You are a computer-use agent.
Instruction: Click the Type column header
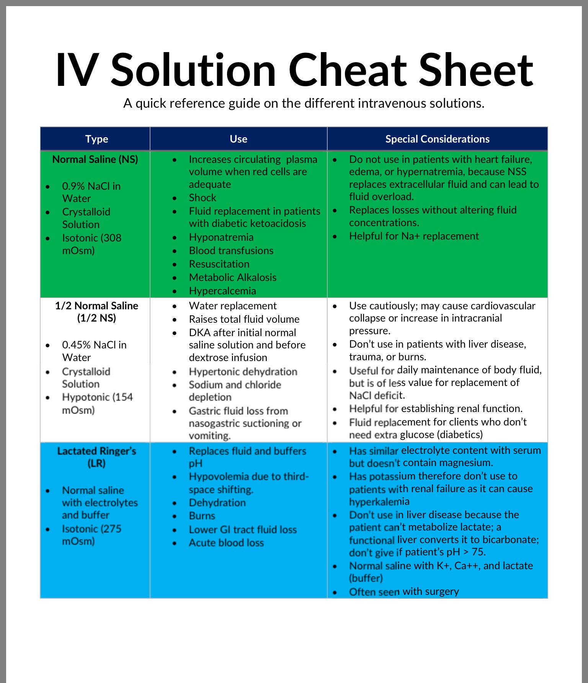(x=96, y=139)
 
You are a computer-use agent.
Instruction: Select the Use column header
(x=238, y=139)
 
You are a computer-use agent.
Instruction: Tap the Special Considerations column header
(x=437, y=139)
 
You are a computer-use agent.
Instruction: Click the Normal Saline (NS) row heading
(x=95, y=159)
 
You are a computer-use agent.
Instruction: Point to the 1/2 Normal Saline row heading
(x=96, y=312)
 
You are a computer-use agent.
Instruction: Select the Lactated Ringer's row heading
(x=96, y=457)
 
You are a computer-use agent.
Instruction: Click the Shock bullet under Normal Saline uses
(x=203, y=198)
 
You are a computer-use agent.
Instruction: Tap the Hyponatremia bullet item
(x=221, y=237)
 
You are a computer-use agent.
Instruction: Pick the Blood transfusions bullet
(x=231, y=251)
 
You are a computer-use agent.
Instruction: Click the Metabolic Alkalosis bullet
(x=232, y=277)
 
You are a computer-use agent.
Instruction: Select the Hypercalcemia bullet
(x=222, y=291)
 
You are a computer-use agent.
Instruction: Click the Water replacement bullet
(x=232, y=306)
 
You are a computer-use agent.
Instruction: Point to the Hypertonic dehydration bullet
(x=243, y=372)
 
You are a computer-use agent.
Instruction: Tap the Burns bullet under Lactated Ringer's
(x=202, y=516)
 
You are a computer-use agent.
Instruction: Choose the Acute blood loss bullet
(x=226, y=543)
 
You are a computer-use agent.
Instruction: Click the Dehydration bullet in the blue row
(x=217, y=502)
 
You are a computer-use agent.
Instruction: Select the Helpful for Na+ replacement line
(x=413, y=236)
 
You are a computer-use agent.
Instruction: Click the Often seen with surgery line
(x=403, y=591)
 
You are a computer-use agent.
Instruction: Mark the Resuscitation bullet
(x=219, y=264)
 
